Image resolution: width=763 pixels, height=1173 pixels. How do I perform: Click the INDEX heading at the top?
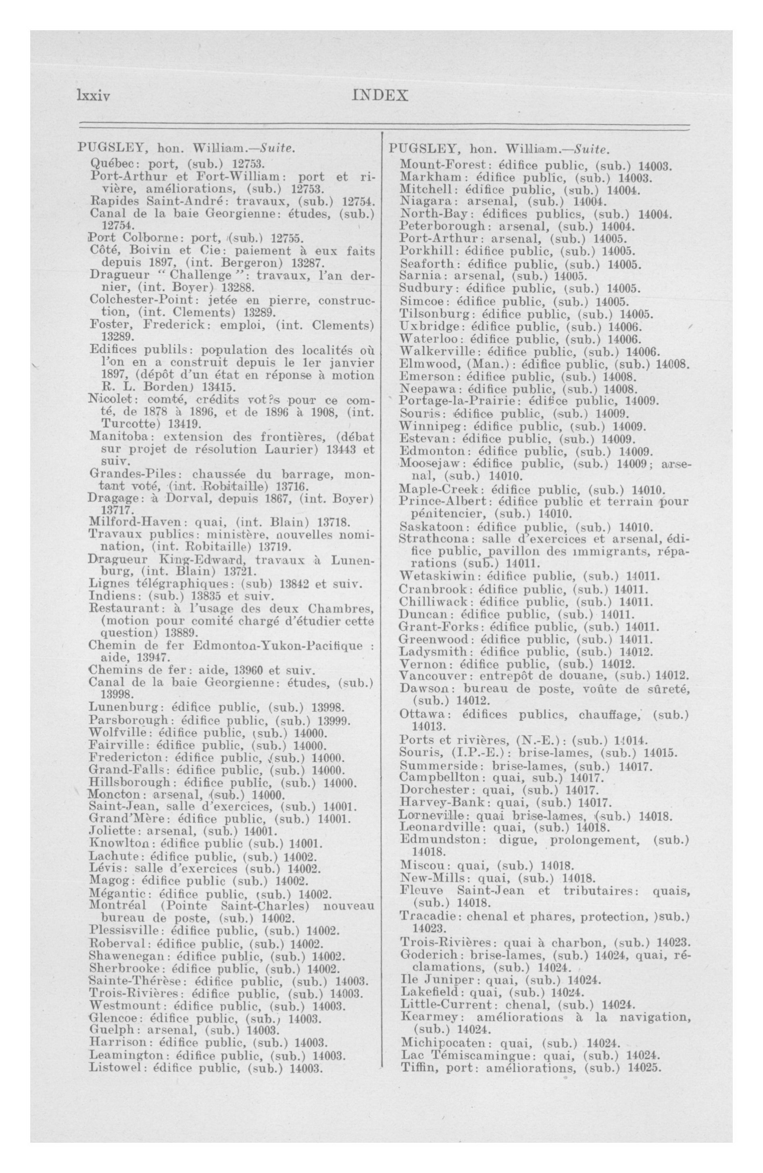[381, 95]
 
